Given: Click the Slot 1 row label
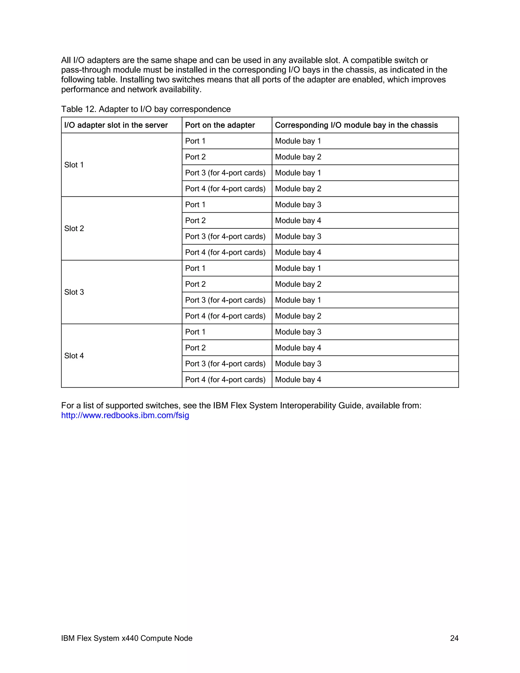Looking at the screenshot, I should pyautogui.click(x=74, y=165).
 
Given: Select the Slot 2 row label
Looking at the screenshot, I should pyautogui.click(x=74, y=228).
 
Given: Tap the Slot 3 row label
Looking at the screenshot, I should pyautogui.click(x=74, y=292).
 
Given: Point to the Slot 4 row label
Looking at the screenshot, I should pyautogui.click(x=74, y=356).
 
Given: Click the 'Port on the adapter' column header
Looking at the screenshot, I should pyautogui.click(x=220, y=125).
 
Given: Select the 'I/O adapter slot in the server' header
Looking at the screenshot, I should pyautogui.click(x=116, y=125).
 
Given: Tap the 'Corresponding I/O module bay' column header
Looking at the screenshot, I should pyautogui.click(x=356, y=125).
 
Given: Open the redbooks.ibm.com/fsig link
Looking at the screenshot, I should pyautogui.click(x=125, y=415).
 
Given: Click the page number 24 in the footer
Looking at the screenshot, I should pyautogui.click(x=454, y=638).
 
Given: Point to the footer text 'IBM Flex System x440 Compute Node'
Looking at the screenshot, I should pyautogui.click(x=127, y=638).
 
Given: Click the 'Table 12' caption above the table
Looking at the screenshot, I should pyautogui.click(x=146, y=109).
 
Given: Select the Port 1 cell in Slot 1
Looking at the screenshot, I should pyautogui.click(x=195, y=141).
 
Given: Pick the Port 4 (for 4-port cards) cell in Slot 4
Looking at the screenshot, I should pyautogui.click(x=225, y=380).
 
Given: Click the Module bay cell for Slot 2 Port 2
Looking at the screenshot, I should pyautogui.click(x=298, y=221).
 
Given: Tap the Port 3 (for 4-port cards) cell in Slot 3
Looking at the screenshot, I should pyautogui.click(x=225, y=300).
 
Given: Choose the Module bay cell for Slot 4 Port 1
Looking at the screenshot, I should pyautogui.click(x=298, y=332).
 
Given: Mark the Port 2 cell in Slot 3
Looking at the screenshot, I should pyautogui.click(x=195, y=284).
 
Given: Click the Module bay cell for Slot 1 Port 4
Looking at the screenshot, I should pyautogui.click(x=298, y=189).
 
